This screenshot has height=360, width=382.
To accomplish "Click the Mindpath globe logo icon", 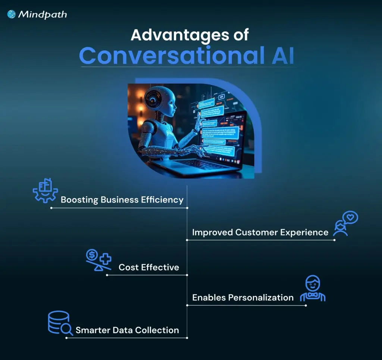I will point(12,14).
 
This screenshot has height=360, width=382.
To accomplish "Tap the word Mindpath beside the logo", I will point(43,15).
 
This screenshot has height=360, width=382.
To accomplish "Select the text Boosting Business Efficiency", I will point(122,200).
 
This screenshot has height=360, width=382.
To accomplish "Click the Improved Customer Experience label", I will point(260,232).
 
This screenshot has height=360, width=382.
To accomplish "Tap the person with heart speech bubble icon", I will point(345,223).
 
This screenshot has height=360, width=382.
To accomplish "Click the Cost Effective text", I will point(148,267).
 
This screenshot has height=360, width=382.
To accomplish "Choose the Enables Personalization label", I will point(242,297).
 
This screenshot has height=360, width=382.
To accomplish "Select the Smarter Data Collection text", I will point(127,330).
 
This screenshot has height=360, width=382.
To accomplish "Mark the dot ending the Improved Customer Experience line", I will point(334,240).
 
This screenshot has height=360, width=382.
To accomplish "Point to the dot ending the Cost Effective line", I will point(107,275).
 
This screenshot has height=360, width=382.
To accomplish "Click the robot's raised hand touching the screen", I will point(199,121).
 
